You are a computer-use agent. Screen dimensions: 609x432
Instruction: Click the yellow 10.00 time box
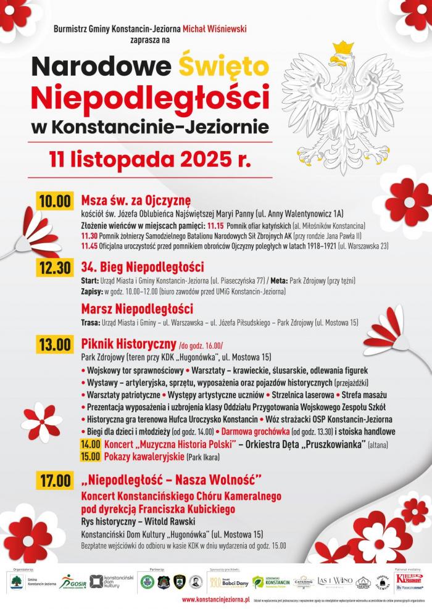[54, 201]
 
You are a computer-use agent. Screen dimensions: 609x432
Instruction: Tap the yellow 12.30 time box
[54, 268]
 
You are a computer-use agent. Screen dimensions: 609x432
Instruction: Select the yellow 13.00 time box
[54, 344]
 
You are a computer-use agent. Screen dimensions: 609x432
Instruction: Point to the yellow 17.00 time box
[54, 479]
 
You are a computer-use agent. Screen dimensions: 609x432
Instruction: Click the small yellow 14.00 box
[90, 444]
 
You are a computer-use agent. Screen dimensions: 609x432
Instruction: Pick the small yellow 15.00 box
[90, 457]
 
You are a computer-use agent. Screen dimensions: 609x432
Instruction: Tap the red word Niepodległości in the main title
[151, 96]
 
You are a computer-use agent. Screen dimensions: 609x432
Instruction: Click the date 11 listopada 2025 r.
[151, 159]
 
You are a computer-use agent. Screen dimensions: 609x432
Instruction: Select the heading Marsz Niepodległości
[137, 309]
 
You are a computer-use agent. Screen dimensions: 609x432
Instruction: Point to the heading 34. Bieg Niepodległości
[142, 267]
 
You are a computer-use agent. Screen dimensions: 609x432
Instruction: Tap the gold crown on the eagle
[343, 48]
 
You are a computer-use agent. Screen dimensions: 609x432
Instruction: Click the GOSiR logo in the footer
[72, 581]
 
